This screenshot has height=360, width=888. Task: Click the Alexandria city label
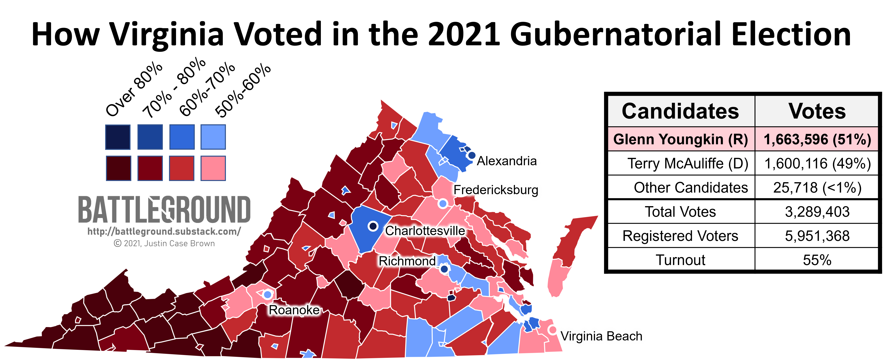coord(506,161)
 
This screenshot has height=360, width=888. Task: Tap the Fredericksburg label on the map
coord(496,190)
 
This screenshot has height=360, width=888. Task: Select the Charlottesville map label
coord(425,231)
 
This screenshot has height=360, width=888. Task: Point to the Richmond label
coord(407,261)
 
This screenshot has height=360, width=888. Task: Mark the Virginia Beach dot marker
coord(552,330)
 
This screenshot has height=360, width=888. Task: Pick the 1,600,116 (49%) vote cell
coord(817,163)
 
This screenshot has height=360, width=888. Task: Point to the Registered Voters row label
coord(680,236)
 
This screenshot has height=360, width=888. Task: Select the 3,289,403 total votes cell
coord(817,212)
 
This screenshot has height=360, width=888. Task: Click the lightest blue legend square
coord(213,137)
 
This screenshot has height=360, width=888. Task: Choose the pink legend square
coord(213,168)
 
